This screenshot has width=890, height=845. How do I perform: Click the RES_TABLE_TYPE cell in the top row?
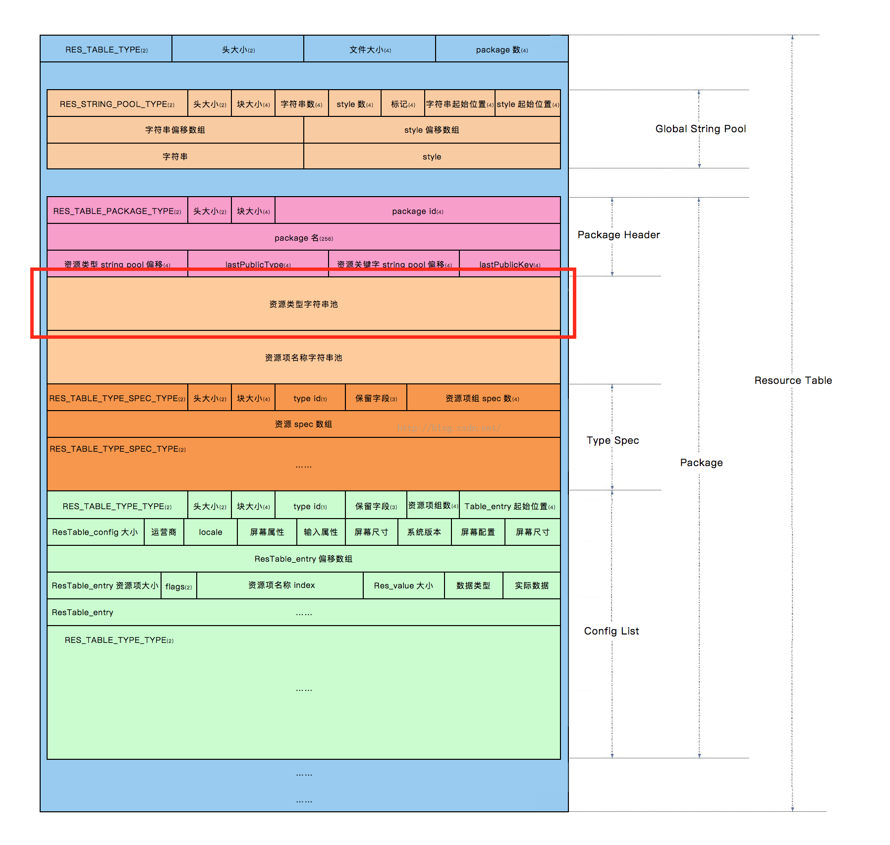[106, 50]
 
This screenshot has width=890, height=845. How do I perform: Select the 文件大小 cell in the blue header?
[370, 50]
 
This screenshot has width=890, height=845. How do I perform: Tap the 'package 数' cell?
[501, 50]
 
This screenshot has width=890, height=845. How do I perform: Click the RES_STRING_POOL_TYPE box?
[117, 104]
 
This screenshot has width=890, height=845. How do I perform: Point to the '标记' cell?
[402, 104]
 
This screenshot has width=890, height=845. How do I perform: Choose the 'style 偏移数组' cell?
[432, 130]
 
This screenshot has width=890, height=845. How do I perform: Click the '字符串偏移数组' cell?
[175, 130]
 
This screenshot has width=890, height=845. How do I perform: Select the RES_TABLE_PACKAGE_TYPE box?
[117, 211]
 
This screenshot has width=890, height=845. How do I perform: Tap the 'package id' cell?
[417, 211]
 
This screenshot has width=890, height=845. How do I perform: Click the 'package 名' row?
[303, 238]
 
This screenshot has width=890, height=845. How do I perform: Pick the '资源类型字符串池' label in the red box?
[303, 304]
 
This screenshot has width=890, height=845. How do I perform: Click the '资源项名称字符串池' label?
[303, 358]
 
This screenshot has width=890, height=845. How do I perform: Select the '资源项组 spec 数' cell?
[482, 398]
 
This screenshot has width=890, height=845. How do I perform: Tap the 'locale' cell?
[211, 532]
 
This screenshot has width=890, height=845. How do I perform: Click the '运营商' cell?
[164, 532]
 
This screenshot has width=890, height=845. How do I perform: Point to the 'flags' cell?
[178, 586]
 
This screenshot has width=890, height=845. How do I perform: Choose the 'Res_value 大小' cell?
[403, 585]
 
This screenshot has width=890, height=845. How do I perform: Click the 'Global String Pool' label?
[700, 129]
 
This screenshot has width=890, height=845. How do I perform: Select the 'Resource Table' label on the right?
[793, 380]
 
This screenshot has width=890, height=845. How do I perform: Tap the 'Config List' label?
[612, 631]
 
